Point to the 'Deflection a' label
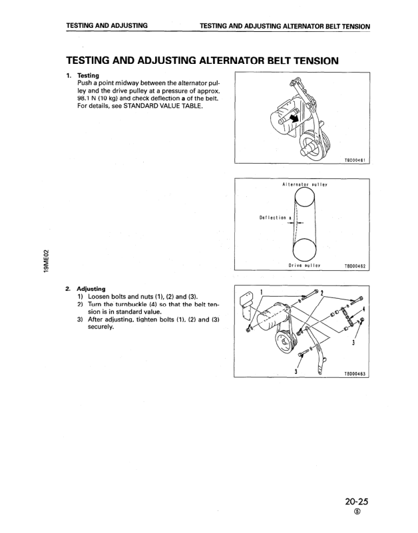pyautogui.click(x=274, y=217)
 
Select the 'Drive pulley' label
pyautogui.click(x=304, y=266)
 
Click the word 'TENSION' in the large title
pyautogui.click(x=307, y=61)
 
